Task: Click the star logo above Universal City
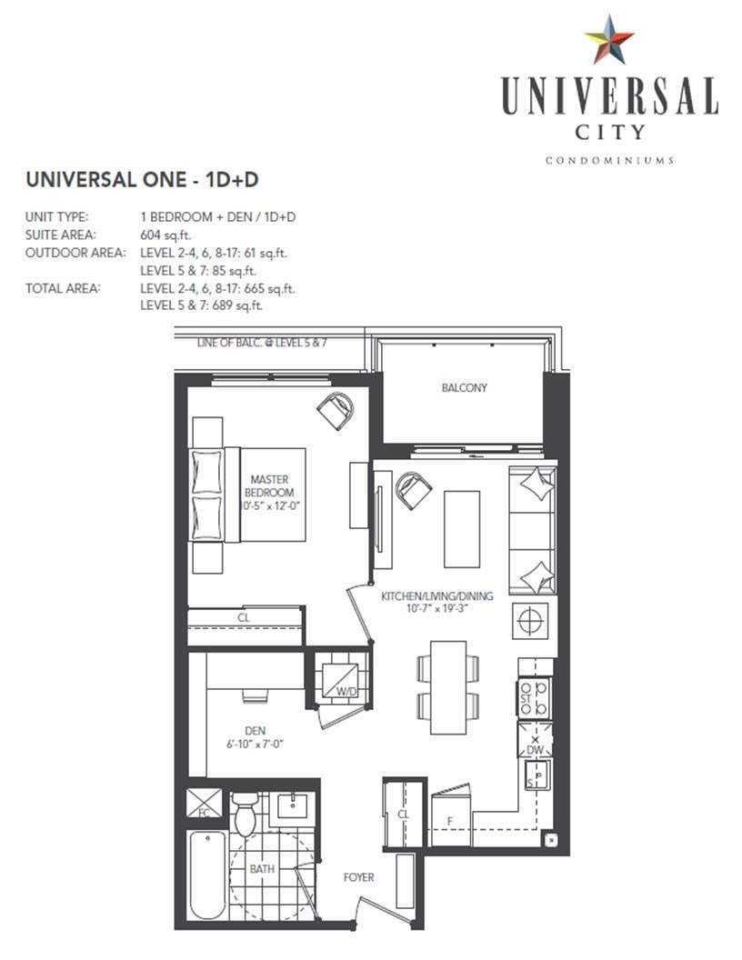pos(608,40)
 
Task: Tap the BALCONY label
pos(464,387)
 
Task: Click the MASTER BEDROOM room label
pos(269,486)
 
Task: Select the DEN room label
pos(256,730)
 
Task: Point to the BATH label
pos(262,869)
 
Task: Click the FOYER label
pos(359,877)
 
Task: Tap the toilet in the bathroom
pos(246,815)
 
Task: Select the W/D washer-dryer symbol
pos(342,678)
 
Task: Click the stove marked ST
pos(535,697)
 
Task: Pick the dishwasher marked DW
pos(535,740)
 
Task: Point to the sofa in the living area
pos(532,530)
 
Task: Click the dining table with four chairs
pos(448,687)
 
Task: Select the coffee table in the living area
pos(462,529)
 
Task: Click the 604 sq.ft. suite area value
pos(165,235)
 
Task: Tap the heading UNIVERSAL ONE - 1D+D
pos(142,179)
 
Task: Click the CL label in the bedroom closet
pos(244,618)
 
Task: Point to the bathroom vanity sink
pos(293,807)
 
